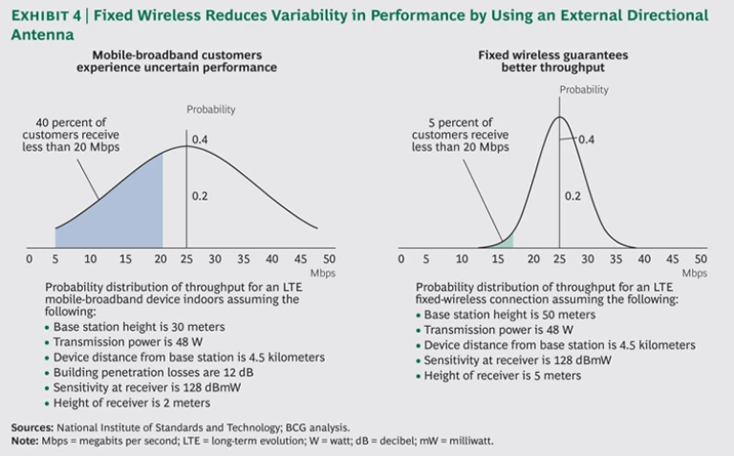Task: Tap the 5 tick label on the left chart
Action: (56, 259)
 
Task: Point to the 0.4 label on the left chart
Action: (200, 141)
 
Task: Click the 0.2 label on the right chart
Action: (573, 195)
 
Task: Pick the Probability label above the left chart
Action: (210, 110)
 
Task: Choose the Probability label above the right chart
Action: (583, 90)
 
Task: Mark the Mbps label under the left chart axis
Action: (323, 272)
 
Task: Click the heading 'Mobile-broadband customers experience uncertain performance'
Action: (177, 61)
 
